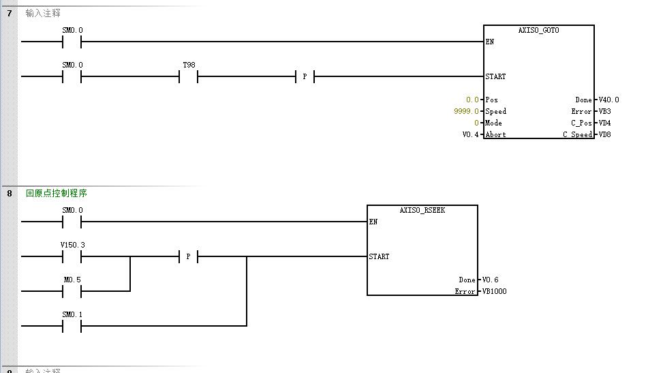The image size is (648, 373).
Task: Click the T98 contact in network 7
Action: [x=188, y=76]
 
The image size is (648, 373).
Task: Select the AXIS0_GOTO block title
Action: [x=538, y=31]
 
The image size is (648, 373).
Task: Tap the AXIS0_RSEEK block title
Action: [x=422, y=210]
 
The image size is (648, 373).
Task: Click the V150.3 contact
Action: [x=72, y=256]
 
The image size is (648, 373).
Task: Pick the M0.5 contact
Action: [x=72, y=291]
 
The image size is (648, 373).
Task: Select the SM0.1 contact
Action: [x=72, y=326]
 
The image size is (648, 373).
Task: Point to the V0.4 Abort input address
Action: [x=472, y=134]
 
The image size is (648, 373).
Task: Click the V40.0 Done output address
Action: [x=608, y=100]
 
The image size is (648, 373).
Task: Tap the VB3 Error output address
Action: [x=604, y=111]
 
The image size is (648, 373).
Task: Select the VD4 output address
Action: [x=604, y=123]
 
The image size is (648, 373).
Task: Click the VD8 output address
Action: [x=604, y=134]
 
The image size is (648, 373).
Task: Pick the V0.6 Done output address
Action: [x=490, y=280]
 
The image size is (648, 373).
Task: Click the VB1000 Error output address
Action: [x=494, y=291]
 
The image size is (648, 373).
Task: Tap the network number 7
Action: [x=10, y=13]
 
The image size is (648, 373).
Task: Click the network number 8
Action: [x=10, y=193]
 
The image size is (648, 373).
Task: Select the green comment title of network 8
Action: [x=57, y=193]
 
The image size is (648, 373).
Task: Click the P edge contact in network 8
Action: [x=187, y=256]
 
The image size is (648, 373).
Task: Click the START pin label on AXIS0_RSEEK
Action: [x=380, y=256]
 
